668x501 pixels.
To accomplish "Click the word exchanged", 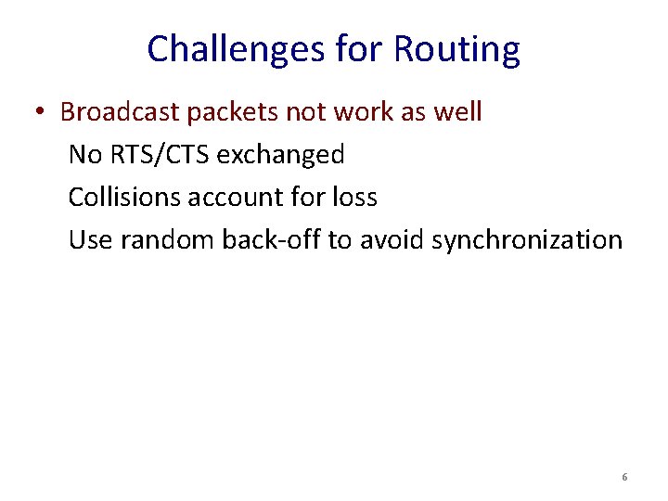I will coord(280,155).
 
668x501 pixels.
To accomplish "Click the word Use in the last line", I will coord(90,240).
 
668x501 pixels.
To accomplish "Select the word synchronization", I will coord(527,240).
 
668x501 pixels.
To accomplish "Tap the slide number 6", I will coord(624,477).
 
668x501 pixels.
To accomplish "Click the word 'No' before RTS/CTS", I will coord(85,155).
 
